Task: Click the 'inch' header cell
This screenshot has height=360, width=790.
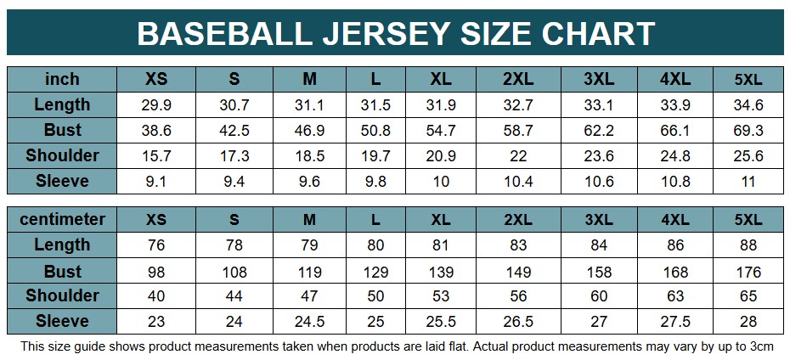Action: click(x=62, y=79)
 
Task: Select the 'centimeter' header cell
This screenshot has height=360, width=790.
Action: click(x=62, y=219)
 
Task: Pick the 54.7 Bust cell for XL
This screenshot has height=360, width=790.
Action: click(x=440, y=131)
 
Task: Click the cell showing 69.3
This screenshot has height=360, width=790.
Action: click(x=748, y=131)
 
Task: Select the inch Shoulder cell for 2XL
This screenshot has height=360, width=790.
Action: click(x=517, y=156)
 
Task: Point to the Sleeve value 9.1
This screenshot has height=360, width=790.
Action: click(x=156, y=182)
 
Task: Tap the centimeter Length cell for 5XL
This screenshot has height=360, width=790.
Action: click(x=748, y=246)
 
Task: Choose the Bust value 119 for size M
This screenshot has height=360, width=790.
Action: click(x=309, y=272)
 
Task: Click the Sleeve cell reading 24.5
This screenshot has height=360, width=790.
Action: click(x=309, y=322)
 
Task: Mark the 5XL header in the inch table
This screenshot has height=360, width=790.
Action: click(x=748, y=79)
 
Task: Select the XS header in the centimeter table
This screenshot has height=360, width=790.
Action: click(x=156, y=219)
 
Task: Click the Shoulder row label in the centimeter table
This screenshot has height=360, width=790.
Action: click(x=62, y=295)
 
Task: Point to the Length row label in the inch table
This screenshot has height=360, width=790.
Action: click(x=62, y=104)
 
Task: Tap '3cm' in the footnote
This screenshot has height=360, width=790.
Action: click(x=759, y=346)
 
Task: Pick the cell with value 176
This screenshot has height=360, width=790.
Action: click(x=748, y=272)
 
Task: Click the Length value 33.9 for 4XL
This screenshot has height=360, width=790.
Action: click(x=675, y=105)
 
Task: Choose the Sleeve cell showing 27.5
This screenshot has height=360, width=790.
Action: click(x=675, y=322)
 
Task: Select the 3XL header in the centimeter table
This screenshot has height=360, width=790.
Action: click(x=599, y=219)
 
